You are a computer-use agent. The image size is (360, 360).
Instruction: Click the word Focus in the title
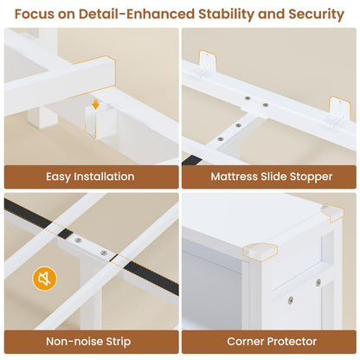(x=35, y=14)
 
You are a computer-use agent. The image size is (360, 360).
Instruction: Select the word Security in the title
(x=316, y=15)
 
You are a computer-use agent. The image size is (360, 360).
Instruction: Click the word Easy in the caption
(x=58, y=177)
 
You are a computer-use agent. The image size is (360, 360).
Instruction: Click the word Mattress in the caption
(x=234, y=177)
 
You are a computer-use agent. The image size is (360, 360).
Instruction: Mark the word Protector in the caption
(x=292, y=341)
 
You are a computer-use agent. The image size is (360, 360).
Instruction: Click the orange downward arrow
(x=96, y=105)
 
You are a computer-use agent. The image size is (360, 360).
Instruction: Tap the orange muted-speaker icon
(x=44, y=279)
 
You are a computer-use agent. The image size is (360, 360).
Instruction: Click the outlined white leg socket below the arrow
(x=100, y=123)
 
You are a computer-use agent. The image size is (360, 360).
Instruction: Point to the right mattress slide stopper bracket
(x=339, y=110)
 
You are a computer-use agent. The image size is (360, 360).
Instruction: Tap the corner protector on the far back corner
(x=332, y=212)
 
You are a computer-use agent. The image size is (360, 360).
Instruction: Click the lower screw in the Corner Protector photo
(x=291, y=300)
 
